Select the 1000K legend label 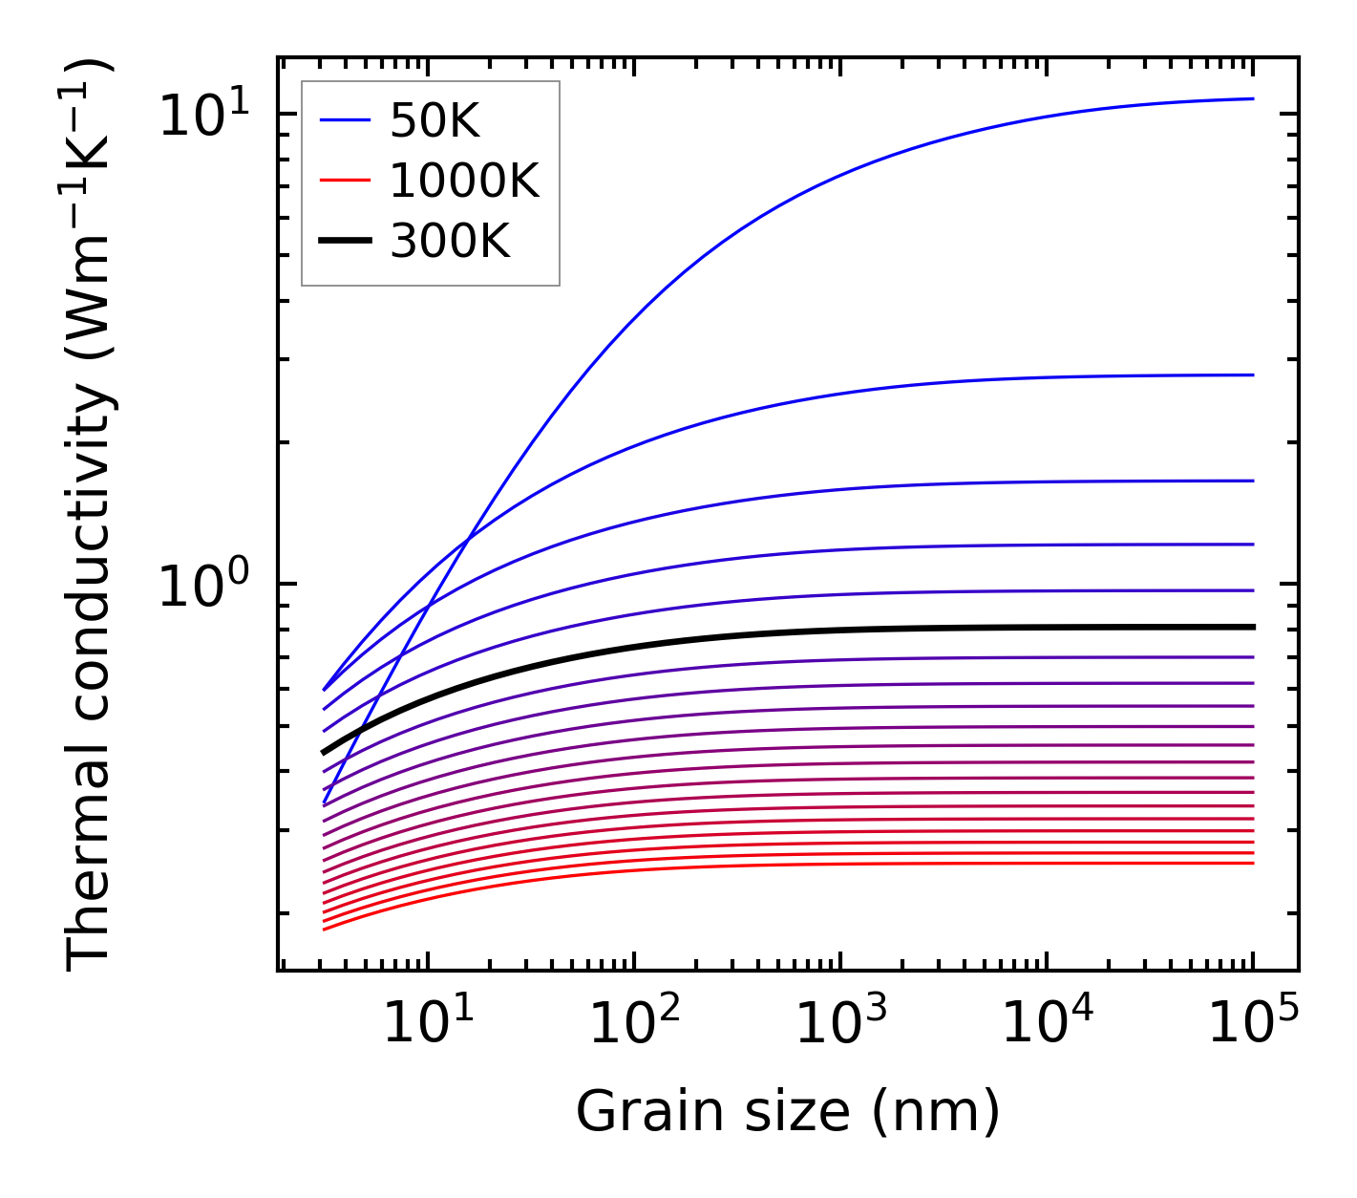(465, 181)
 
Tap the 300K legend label (450, 242)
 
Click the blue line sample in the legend (344, 120)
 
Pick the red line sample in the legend (344, 181)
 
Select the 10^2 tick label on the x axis (634, 1024)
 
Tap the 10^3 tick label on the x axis (840, 1024)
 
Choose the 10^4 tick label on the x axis (1047, 1024)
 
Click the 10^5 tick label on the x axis (1253, 1024)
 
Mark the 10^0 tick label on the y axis (202, 585)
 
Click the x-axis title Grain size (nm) (788, 1112)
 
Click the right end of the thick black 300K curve (1252, 627)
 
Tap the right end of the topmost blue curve (1252, 98)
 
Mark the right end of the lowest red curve (1252, 864)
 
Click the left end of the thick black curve (325, 753)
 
